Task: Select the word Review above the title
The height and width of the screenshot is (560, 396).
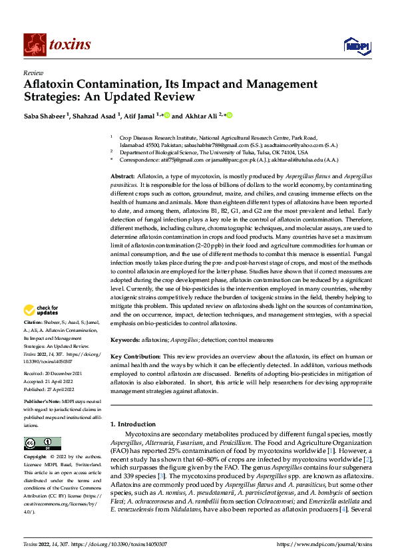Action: (33, 72)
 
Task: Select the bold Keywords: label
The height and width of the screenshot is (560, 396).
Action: (127, 339)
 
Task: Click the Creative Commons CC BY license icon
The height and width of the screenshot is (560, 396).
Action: (42, 444)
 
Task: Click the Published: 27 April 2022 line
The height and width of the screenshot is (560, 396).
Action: (50, 390)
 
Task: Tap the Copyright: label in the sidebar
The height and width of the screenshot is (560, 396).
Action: (38, 458)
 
